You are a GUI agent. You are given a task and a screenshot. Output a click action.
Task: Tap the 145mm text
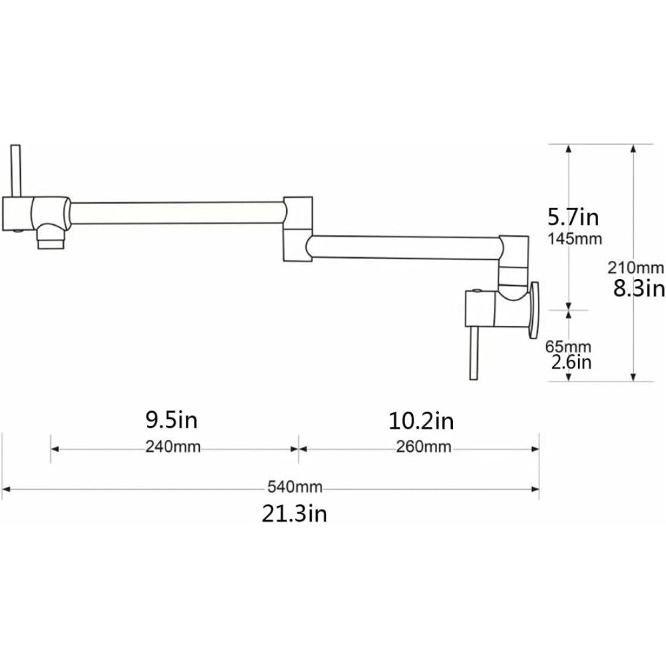click(x=575, y=239)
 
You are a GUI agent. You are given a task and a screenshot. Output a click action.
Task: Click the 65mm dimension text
click(x=569, y=347)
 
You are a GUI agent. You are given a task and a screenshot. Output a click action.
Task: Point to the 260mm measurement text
click(x=424, y=447)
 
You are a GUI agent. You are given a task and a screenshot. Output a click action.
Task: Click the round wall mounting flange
click(x=533, y=309)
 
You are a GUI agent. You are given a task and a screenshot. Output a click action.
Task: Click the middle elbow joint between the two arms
click(x=298, y=230)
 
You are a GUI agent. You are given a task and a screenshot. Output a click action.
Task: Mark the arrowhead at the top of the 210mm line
click(x=634, y=149)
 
